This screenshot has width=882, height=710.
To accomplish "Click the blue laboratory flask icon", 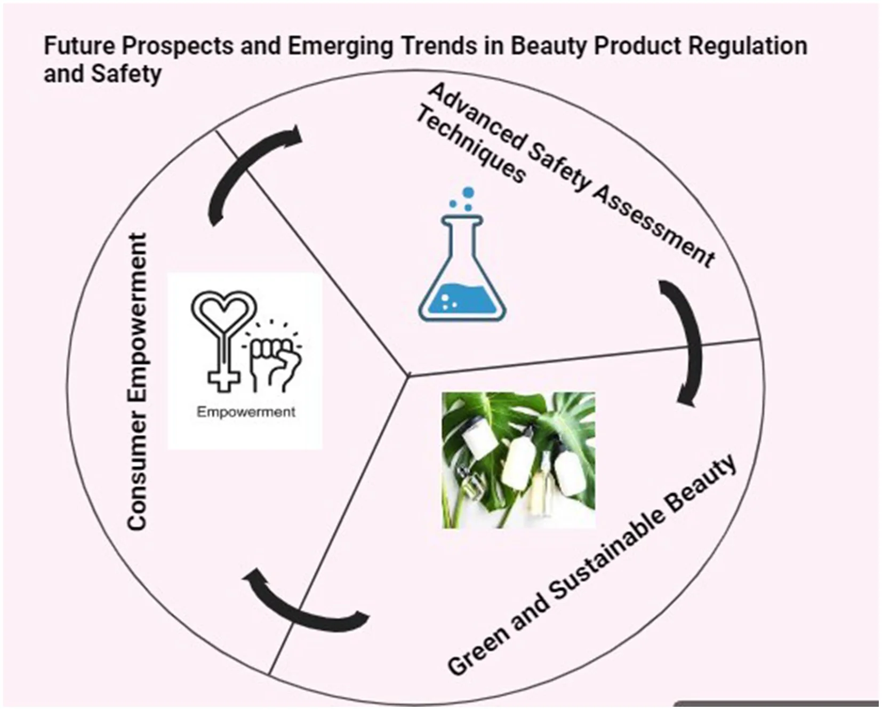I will [462, 267].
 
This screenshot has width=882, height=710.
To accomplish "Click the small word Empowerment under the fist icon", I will [246, 412].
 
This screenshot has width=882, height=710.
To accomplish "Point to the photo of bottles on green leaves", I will [518, 460].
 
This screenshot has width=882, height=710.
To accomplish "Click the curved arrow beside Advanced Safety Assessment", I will [684, 341].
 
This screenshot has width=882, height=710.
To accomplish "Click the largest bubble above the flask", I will [468, 193].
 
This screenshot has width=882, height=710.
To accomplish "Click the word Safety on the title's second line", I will [126, 74].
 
